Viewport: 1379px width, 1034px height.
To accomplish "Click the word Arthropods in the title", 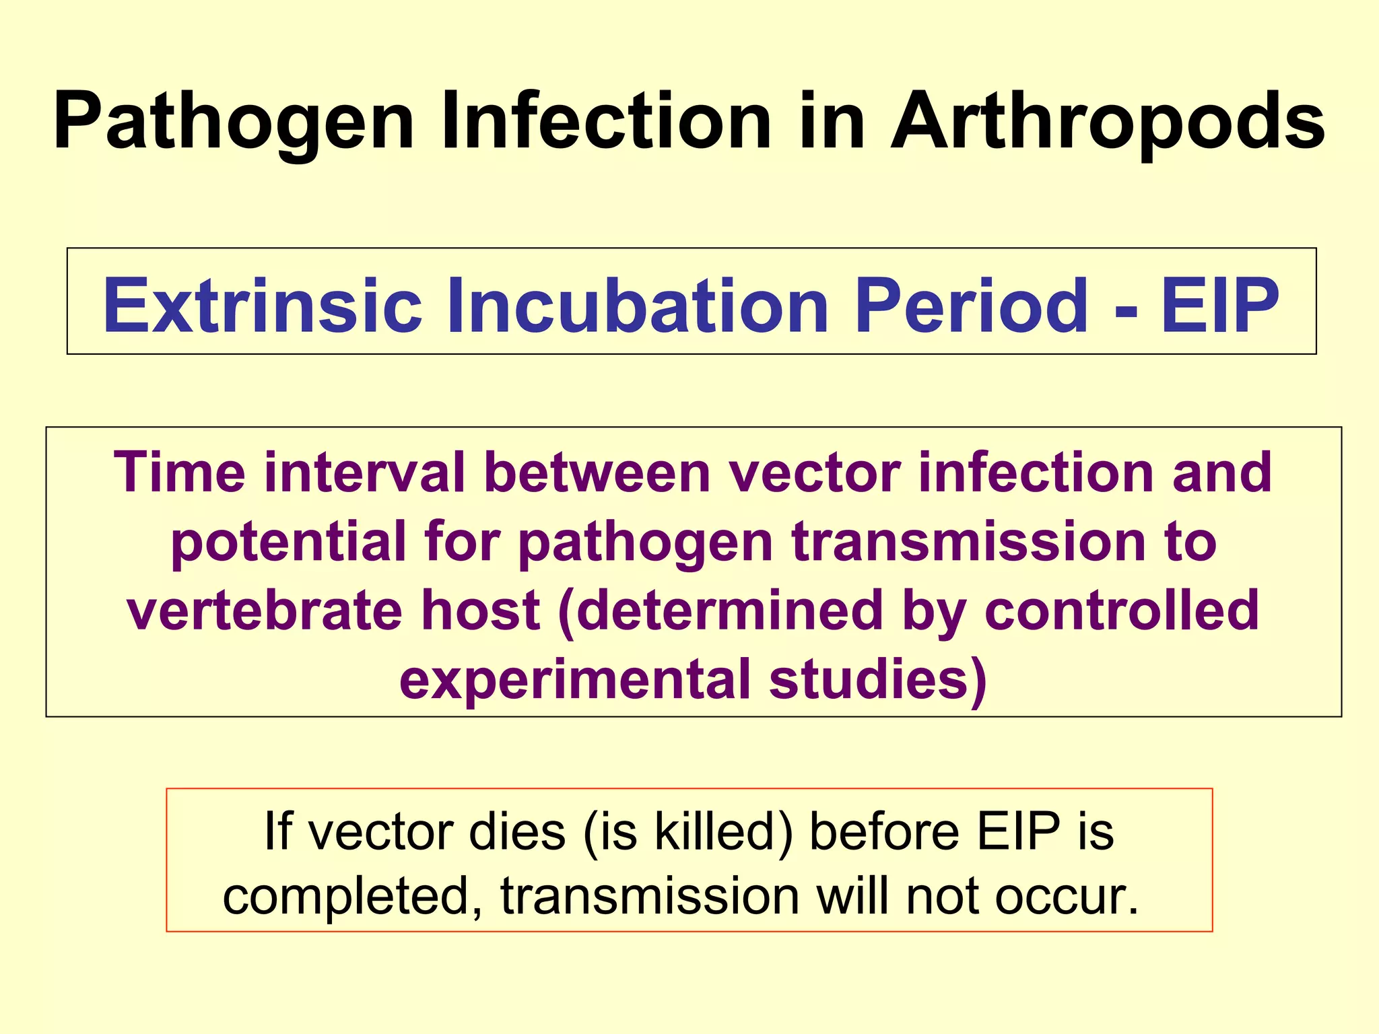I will [1108, 123].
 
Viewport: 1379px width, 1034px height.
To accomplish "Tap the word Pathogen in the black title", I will [233, 123].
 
